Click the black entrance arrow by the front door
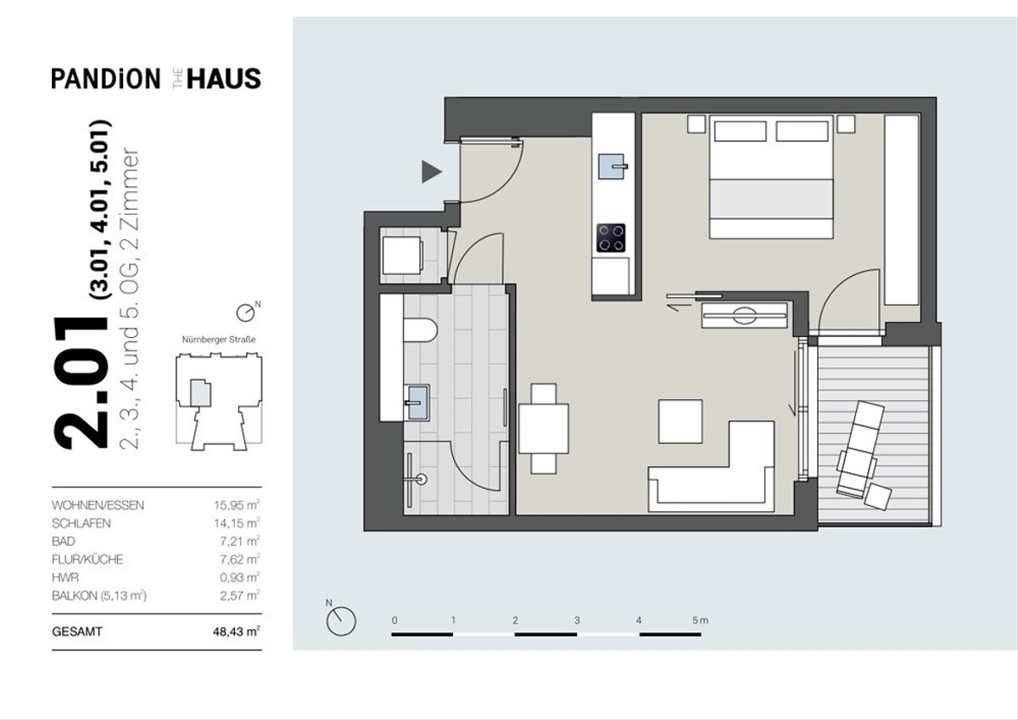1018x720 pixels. click(x=431, y=172)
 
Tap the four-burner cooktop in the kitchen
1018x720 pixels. click(x=611, y=238)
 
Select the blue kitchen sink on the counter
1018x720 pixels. click(x=612, y=166)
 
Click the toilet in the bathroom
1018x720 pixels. click(x=420, y=331)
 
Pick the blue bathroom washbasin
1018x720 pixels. click(x=418, y=402)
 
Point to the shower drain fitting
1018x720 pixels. click(x=422, y=479)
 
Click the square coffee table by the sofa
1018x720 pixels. click(x=680, y=422)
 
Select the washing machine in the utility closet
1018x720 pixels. click(x=402, y=256)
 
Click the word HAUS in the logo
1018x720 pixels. click(x=224, y=79)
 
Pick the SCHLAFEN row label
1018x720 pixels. click(x=81, y=524)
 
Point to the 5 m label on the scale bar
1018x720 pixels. click(x=701, y=620)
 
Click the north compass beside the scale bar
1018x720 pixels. click(x=341, y=621)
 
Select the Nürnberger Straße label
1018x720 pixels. click(x=219, y=340)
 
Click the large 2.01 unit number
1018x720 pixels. click(x=81, y=381)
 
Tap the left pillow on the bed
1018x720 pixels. click(x=740, y=132)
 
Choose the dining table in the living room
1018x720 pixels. click(x=544, y=429)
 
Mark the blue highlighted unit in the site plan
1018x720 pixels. click(x=200, y=392)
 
